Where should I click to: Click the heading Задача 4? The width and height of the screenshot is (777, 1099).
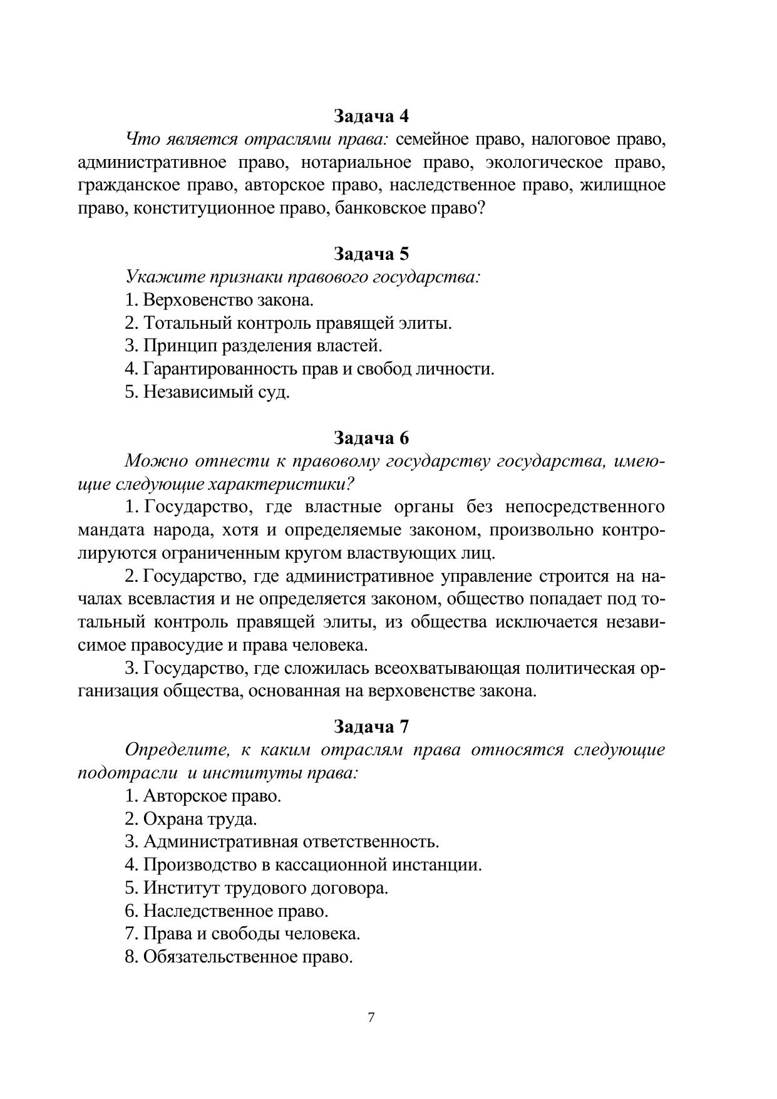click(371, 116)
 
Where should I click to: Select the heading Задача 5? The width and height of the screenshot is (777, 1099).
click(371, 254)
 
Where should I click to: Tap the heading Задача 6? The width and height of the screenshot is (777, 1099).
click(371, 437)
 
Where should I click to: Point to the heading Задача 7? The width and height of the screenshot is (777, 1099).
click(371, 726)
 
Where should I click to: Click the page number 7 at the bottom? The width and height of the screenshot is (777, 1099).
click(371, 1017)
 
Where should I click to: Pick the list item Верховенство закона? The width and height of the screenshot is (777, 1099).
click(219, 300)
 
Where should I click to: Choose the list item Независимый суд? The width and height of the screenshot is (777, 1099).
click(207, 392)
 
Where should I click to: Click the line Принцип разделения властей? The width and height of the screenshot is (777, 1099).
click(253, 346)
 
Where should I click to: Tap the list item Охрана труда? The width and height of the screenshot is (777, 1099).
click(191, 818)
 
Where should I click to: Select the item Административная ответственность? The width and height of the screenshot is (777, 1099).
click(282, 842)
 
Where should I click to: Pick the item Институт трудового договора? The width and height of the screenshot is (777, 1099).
click(257, 888)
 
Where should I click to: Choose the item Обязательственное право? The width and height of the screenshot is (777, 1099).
click(239, 957)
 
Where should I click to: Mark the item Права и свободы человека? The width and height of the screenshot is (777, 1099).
click(242, 934)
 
